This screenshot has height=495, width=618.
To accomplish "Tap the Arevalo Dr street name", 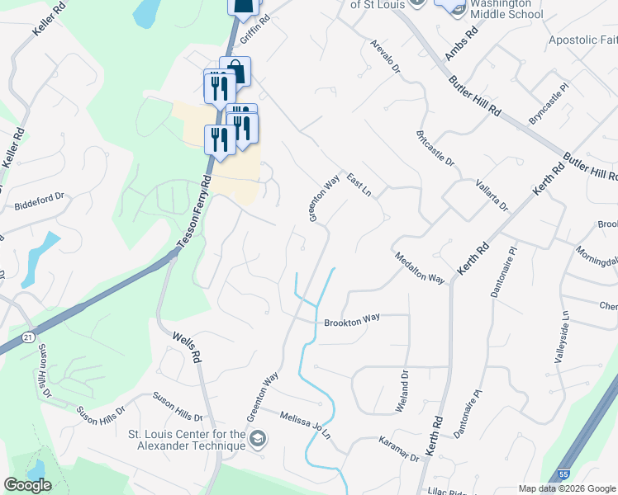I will click(385, 56).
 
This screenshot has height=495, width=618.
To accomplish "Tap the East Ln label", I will click(359, 185).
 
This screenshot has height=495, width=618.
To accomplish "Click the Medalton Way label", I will click(420, 268).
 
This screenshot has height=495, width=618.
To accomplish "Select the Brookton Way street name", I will click(351, 323).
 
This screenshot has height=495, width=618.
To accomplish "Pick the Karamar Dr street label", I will click(399, 450).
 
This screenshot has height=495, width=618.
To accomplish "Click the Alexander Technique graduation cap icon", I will click(259, 438).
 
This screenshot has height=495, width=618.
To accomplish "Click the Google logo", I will click(27, 485).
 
